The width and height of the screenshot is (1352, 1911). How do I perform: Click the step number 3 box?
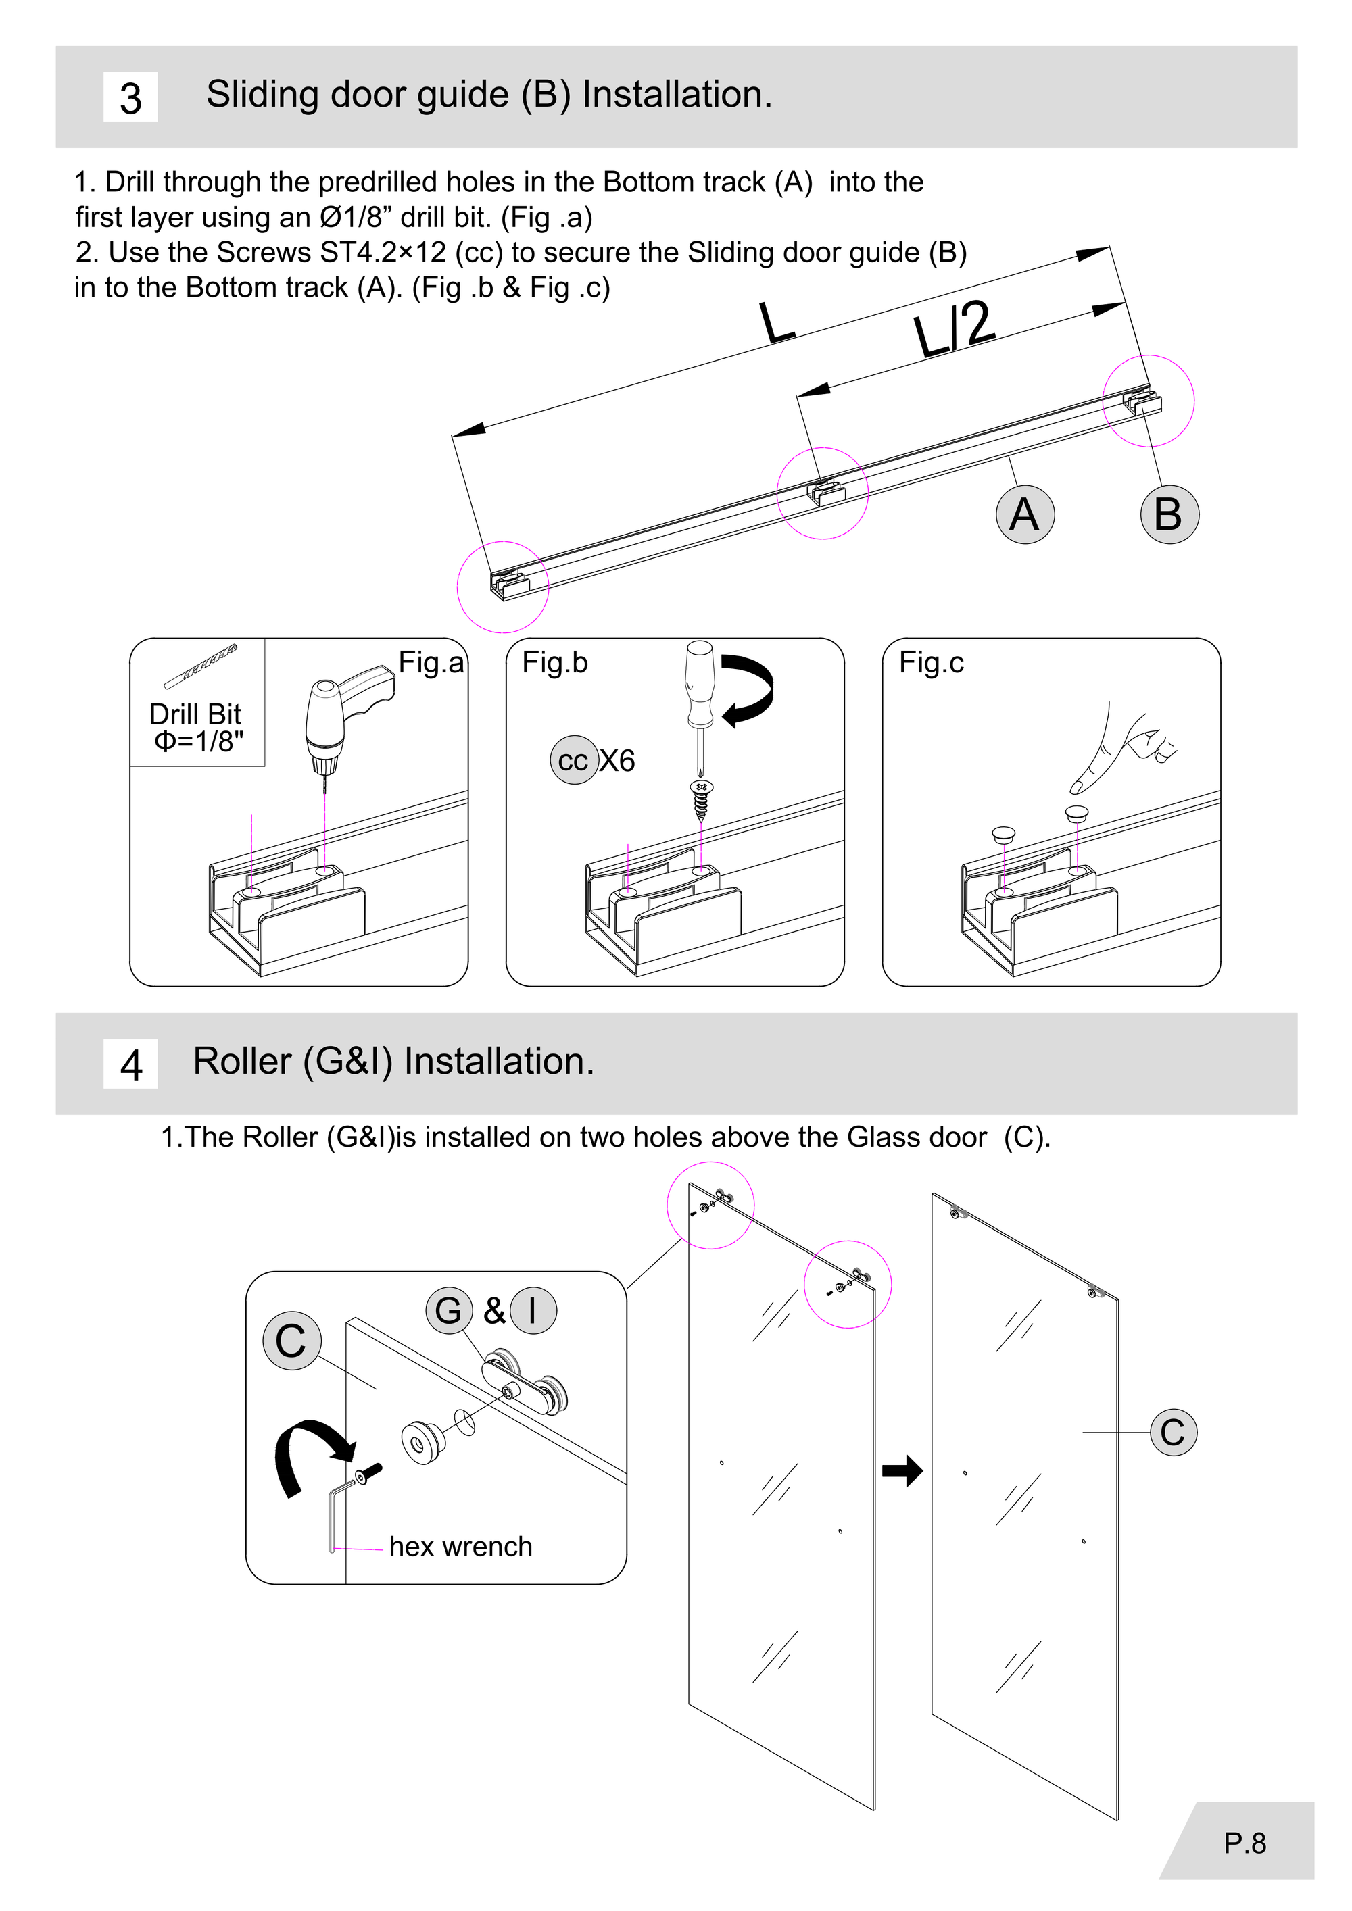coord(130,97)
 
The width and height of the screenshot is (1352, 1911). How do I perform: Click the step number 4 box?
coord(130,1064)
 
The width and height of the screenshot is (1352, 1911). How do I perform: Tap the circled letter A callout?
coord(1025,514)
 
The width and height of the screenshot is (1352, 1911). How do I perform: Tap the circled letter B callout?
coord(1169,514)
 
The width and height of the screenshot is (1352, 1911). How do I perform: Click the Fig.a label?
coord(431,662)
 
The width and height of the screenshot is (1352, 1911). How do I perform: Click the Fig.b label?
coord(554,662)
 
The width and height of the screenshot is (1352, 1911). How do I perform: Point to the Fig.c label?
coord(931,662)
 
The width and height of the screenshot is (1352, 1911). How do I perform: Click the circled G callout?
coord(449,1310)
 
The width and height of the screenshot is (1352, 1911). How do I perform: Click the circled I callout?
coord(533,1310)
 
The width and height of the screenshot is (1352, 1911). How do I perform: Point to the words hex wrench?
coord(460,1547)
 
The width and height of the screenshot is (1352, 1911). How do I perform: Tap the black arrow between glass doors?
coord(902,1470)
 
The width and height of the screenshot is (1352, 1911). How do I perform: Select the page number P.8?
coord(1245,1843)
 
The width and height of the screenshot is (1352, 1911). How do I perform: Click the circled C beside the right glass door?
coord(1173,1433)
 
